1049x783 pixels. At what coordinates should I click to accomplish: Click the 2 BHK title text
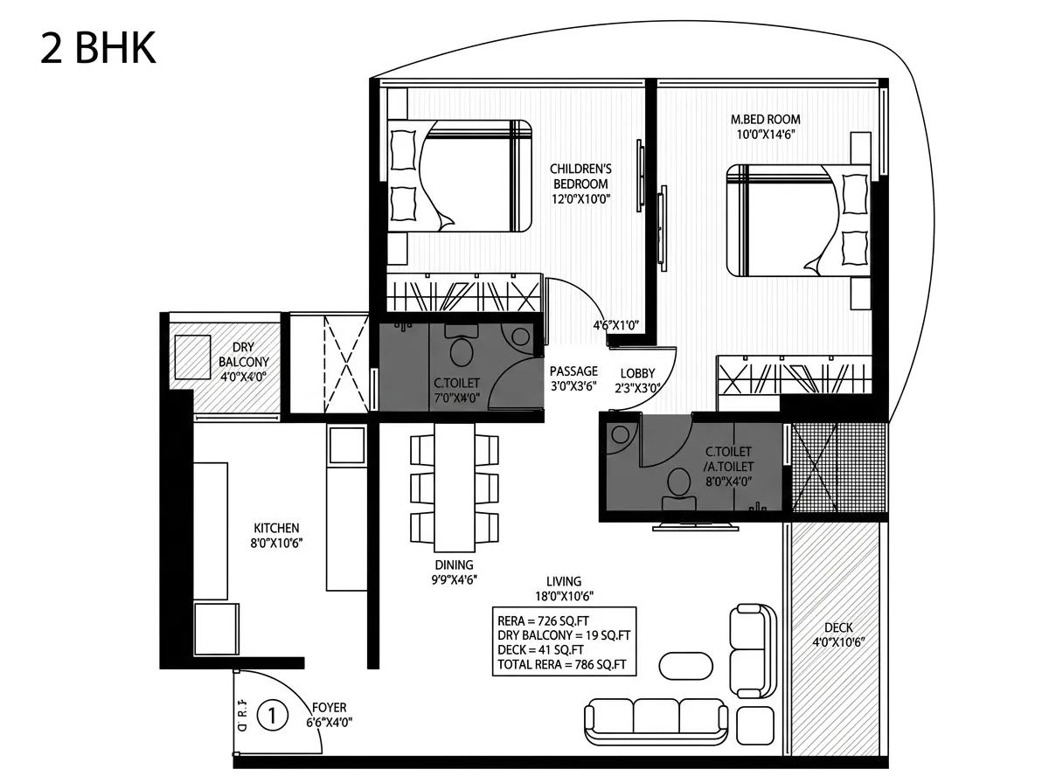[98, 48]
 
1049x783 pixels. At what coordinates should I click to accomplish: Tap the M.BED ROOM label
[765, 120]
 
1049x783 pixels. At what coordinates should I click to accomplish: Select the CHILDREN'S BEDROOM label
[580, 177]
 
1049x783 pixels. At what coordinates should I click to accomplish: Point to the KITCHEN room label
[276, 528]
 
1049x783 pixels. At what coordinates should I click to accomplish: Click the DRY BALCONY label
[244, 355]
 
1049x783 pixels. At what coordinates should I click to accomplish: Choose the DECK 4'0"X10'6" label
[838, 635]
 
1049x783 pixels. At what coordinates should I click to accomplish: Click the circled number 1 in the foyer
[273, 716]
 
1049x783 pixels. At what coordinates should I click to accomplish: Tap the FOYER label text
[330, 708]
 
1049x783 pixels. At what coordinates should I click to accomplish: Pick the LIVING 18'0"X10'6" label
[564, 589]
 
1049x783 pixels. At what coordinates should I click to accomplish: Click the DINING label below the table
[454, 565]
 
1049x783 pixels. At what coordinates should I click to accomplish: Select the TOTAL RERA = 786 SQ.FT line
[561, 664]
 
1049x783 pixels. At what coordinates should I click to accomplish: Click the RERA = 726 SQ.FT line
[544, 621]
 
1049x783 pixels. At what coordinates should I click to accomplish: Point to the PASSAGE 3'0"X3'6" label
[573, 378]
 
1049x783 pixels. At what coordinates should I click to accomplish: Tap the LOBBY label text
[637, 373]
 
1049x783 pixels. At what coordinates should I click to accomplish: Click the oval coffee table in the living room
[686, 666]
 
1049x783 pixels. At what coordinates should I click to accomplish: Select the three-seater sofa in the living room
[656, 722]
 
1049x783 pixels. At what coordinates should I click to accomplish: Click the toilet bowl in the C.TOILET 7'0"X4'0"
[462, 346]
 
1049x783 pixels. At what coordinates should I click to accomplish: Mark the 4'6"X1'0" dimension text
[616, 325]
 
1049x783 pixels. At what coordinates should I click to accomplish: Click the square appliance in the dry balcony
[192, 357]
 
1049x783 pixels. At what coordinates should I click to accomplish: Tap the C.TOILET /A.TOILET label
[728, 459]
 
